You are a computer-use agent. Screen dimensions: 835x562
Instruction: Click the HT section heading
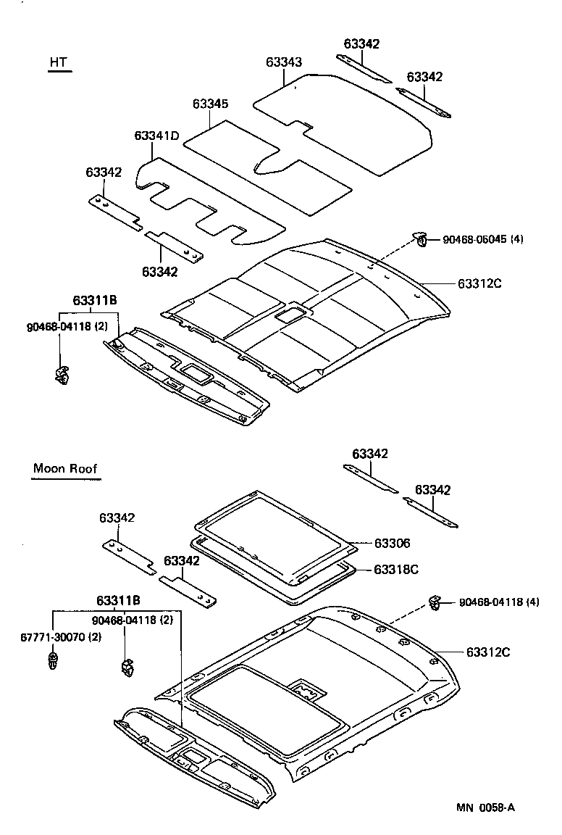click(x=59, y=63)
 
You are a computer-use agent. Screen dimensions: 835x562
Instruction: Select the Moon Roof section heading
click(x=65, y=468)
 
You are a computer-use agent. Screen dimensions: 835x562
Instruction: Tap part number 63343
click(x=284, y=63)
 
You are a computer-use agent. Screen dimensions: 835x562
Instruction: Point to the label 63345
click(x=211, y=104)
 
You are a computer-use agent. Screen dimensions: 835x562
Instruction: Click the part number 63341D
click(x=156, y=136)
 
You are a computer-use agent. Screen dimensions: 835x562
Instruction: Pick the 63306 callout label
click(x=393, y=543)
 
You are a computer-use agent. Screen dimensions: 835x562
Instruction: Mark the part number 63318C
click(x=396, y=570)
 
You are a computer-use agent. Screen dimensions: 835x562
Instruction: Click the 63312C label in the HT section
click(x=479, y=283)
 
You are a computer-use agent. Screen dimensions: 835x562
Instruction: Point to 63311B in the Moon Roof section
click(x=119, y=601)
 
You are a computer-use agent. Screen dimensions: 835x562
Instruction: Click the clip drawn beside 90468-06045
click(x=419, y=237)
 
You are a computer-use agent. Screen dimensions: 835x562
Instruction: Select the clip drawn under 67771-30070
click(x=53, y=661)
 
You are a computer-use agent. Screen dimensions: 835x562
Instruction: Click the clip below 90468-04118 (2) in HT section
click(x=62, y=373)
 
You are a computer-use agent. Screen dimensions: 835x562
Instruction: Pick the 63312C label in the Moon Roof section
click(x=488, y=652)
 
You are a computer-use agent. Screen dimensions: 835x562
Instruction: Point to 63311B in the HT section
click(x=95, y=301)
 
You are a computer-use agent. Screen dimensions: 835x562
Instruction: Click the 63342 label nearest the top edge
click(x=361, y=44)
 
